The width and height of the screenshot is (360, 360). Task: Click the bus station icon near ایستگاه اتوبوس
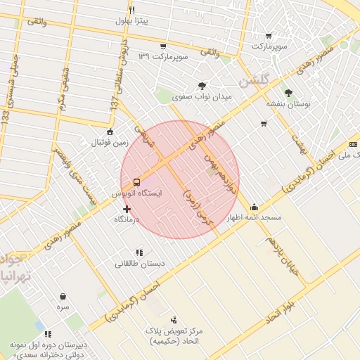coord(137,179)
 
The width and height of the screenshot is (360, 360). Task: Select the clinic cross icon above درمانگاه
coord(127,209)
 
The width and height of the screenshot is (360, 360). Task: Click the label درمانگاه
coord(127,220)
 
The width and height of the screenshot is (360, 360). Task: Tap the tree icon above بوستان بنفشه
coord(288,92)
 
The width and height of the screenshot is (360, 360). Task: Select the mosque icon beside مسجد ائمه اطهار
coord(253,207)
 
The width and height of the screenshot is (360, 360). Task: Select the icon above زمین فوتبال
coord(109,131)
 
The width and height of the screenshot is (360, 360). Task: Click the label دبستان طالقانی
coord(139,264)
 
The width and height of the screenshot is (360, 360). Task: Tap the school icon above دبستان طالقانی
coord(139,252)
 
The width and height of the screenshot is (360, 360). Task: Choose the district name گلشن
coord(254,82)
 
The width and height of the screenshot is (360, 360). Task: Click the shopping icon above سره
coord(64,297)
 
